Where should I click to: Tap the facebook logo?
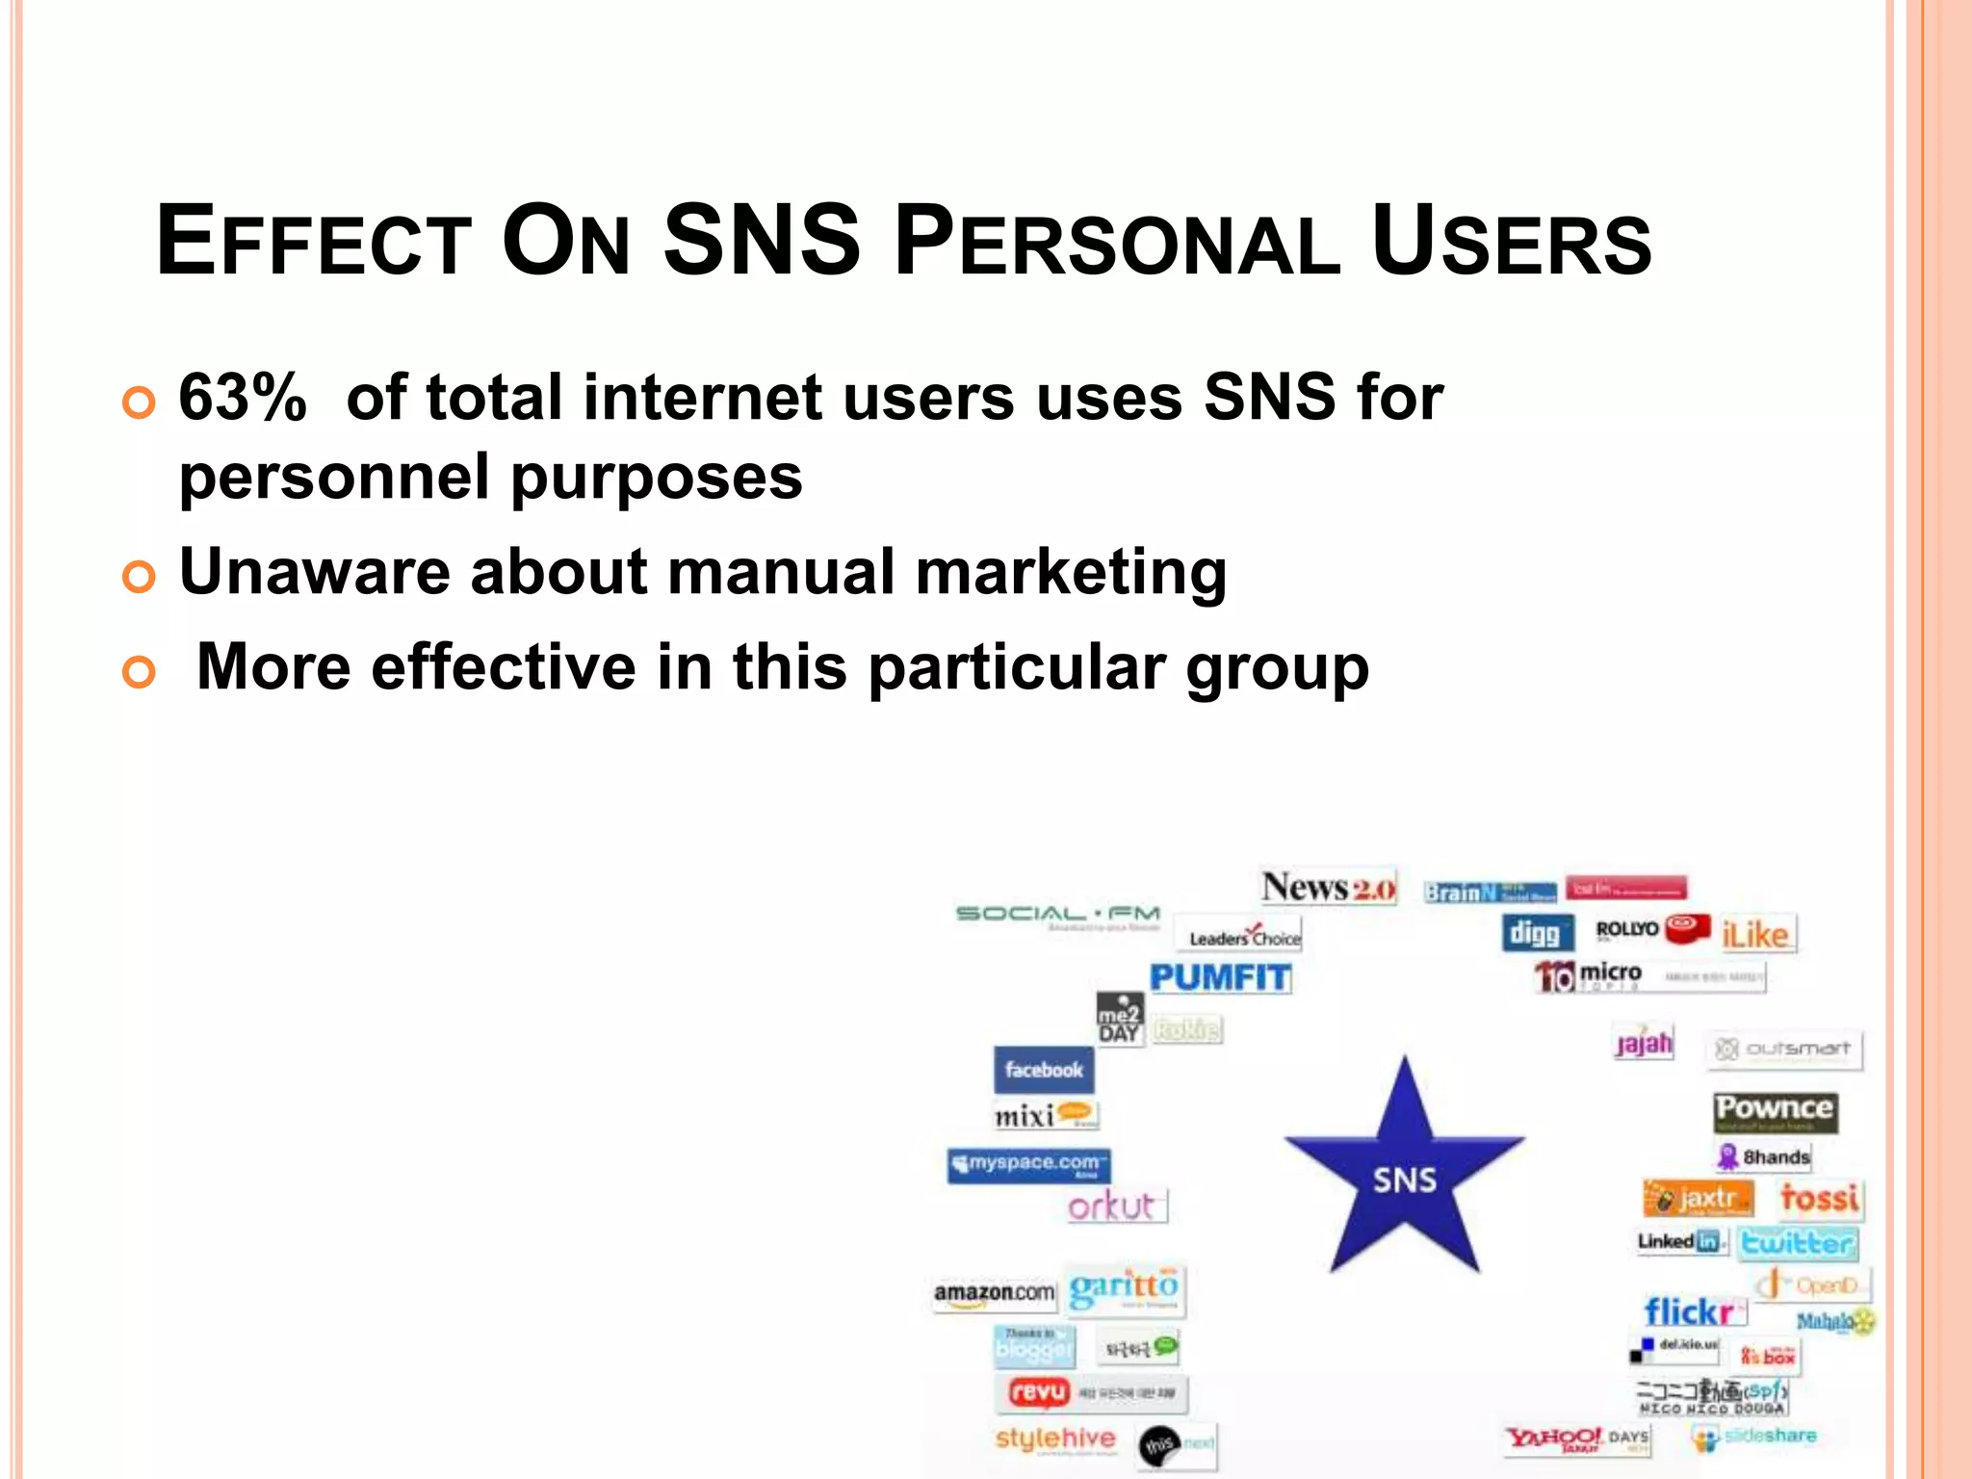coord(1044,1069)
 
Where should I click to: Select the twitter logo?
coord(1797,1242)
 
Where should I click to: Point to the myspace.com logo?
coord(1028,1164)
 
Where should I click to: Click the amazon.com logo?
coord(994,1292)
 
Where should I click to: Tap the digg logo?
coord(1536,932)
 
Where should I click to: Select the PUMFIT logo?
coord(1220,978)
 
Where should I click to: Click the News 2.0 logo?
coord(1328,887)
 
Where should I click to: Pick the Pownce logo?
coord(1775,1110)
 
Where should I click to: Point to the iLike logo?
coord(1756,934)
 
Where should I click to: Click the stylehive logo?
coord(1055,1439)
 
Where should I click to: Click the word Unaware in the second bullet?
coord(314,571)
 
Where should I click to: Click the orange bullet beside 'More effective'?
coord(139,672)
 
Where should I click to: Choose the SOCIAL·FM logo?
coord(1057,913)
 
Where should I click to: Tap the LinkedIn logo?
coord(1680,1242)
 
